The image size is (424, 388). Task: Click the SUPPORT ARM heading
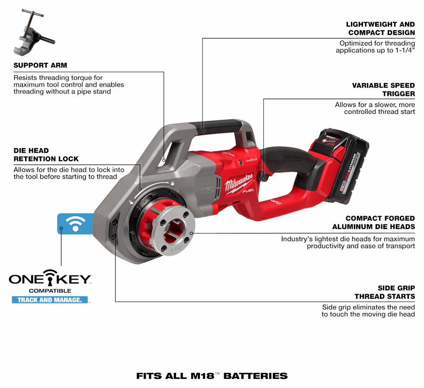pos(40,65)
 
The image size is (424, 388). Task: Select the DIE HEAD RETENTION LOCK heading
pos(46,155)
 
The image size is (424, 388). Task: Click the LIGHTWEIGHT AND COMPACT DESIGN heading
pos(381,29)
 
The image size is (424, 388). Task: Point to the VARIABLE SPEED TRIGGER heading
pos(383,89)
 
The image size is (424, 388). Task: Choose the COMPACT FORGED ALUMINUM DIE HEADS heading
pos(373,223)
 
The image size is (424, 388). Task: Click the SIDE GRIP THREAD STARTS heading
pos(385,292)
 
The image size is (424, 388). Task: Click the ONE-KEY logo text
pos(50,278)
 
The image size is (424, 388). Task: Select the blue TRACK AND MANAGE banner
pos(49,300)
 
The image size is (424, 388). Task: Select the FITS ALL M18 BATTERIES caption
pos(212,376)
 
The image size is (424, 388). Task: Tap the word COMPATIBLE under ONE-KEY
pos(50,291)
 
